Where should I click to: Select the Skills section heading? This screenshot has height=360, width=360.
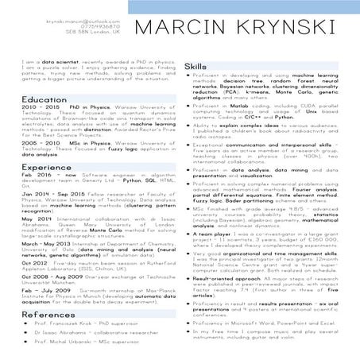(x=196, y=66)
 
